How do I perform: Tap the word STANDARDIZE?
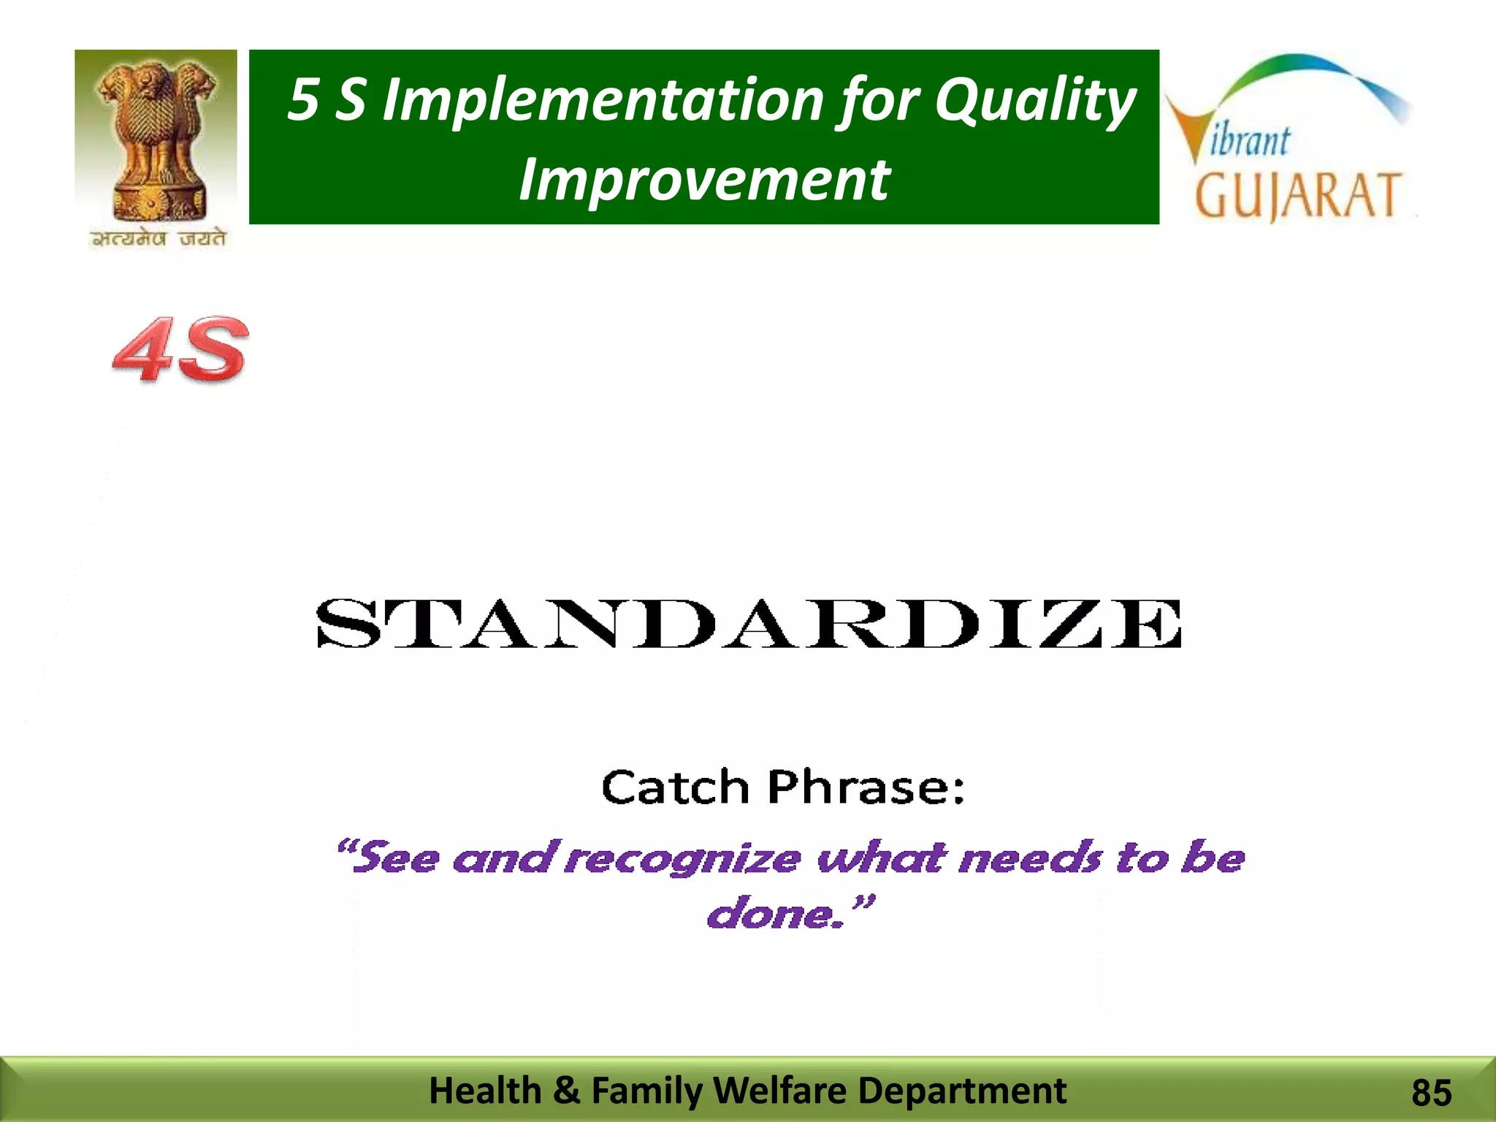pyautogui.click(x=748, y=624)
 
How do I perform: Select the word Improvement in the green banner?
pyautogui.click(x=703, y=180)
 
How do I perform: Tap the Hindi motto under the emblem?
pyautogui.click(x=159, y=239)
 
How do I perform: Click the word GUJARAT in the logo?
pyautogui.click(x=1297, y=196)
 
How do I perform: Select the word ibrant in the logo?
pyautogui.click(x=1251, y=140)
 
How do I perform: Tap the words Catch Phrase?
pyautogui.click(x=782, y=787)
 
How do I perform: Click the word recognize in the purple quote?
pyautogui.click(x=683, y=858)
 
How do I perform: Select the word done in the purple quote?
pyautogui.click(x=770, y=914)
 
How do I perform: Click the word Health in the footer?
pyautogui.click(x=485, y=1091)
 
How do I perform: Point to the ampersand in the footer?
pyautogui.click(x=566, y=1091)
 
